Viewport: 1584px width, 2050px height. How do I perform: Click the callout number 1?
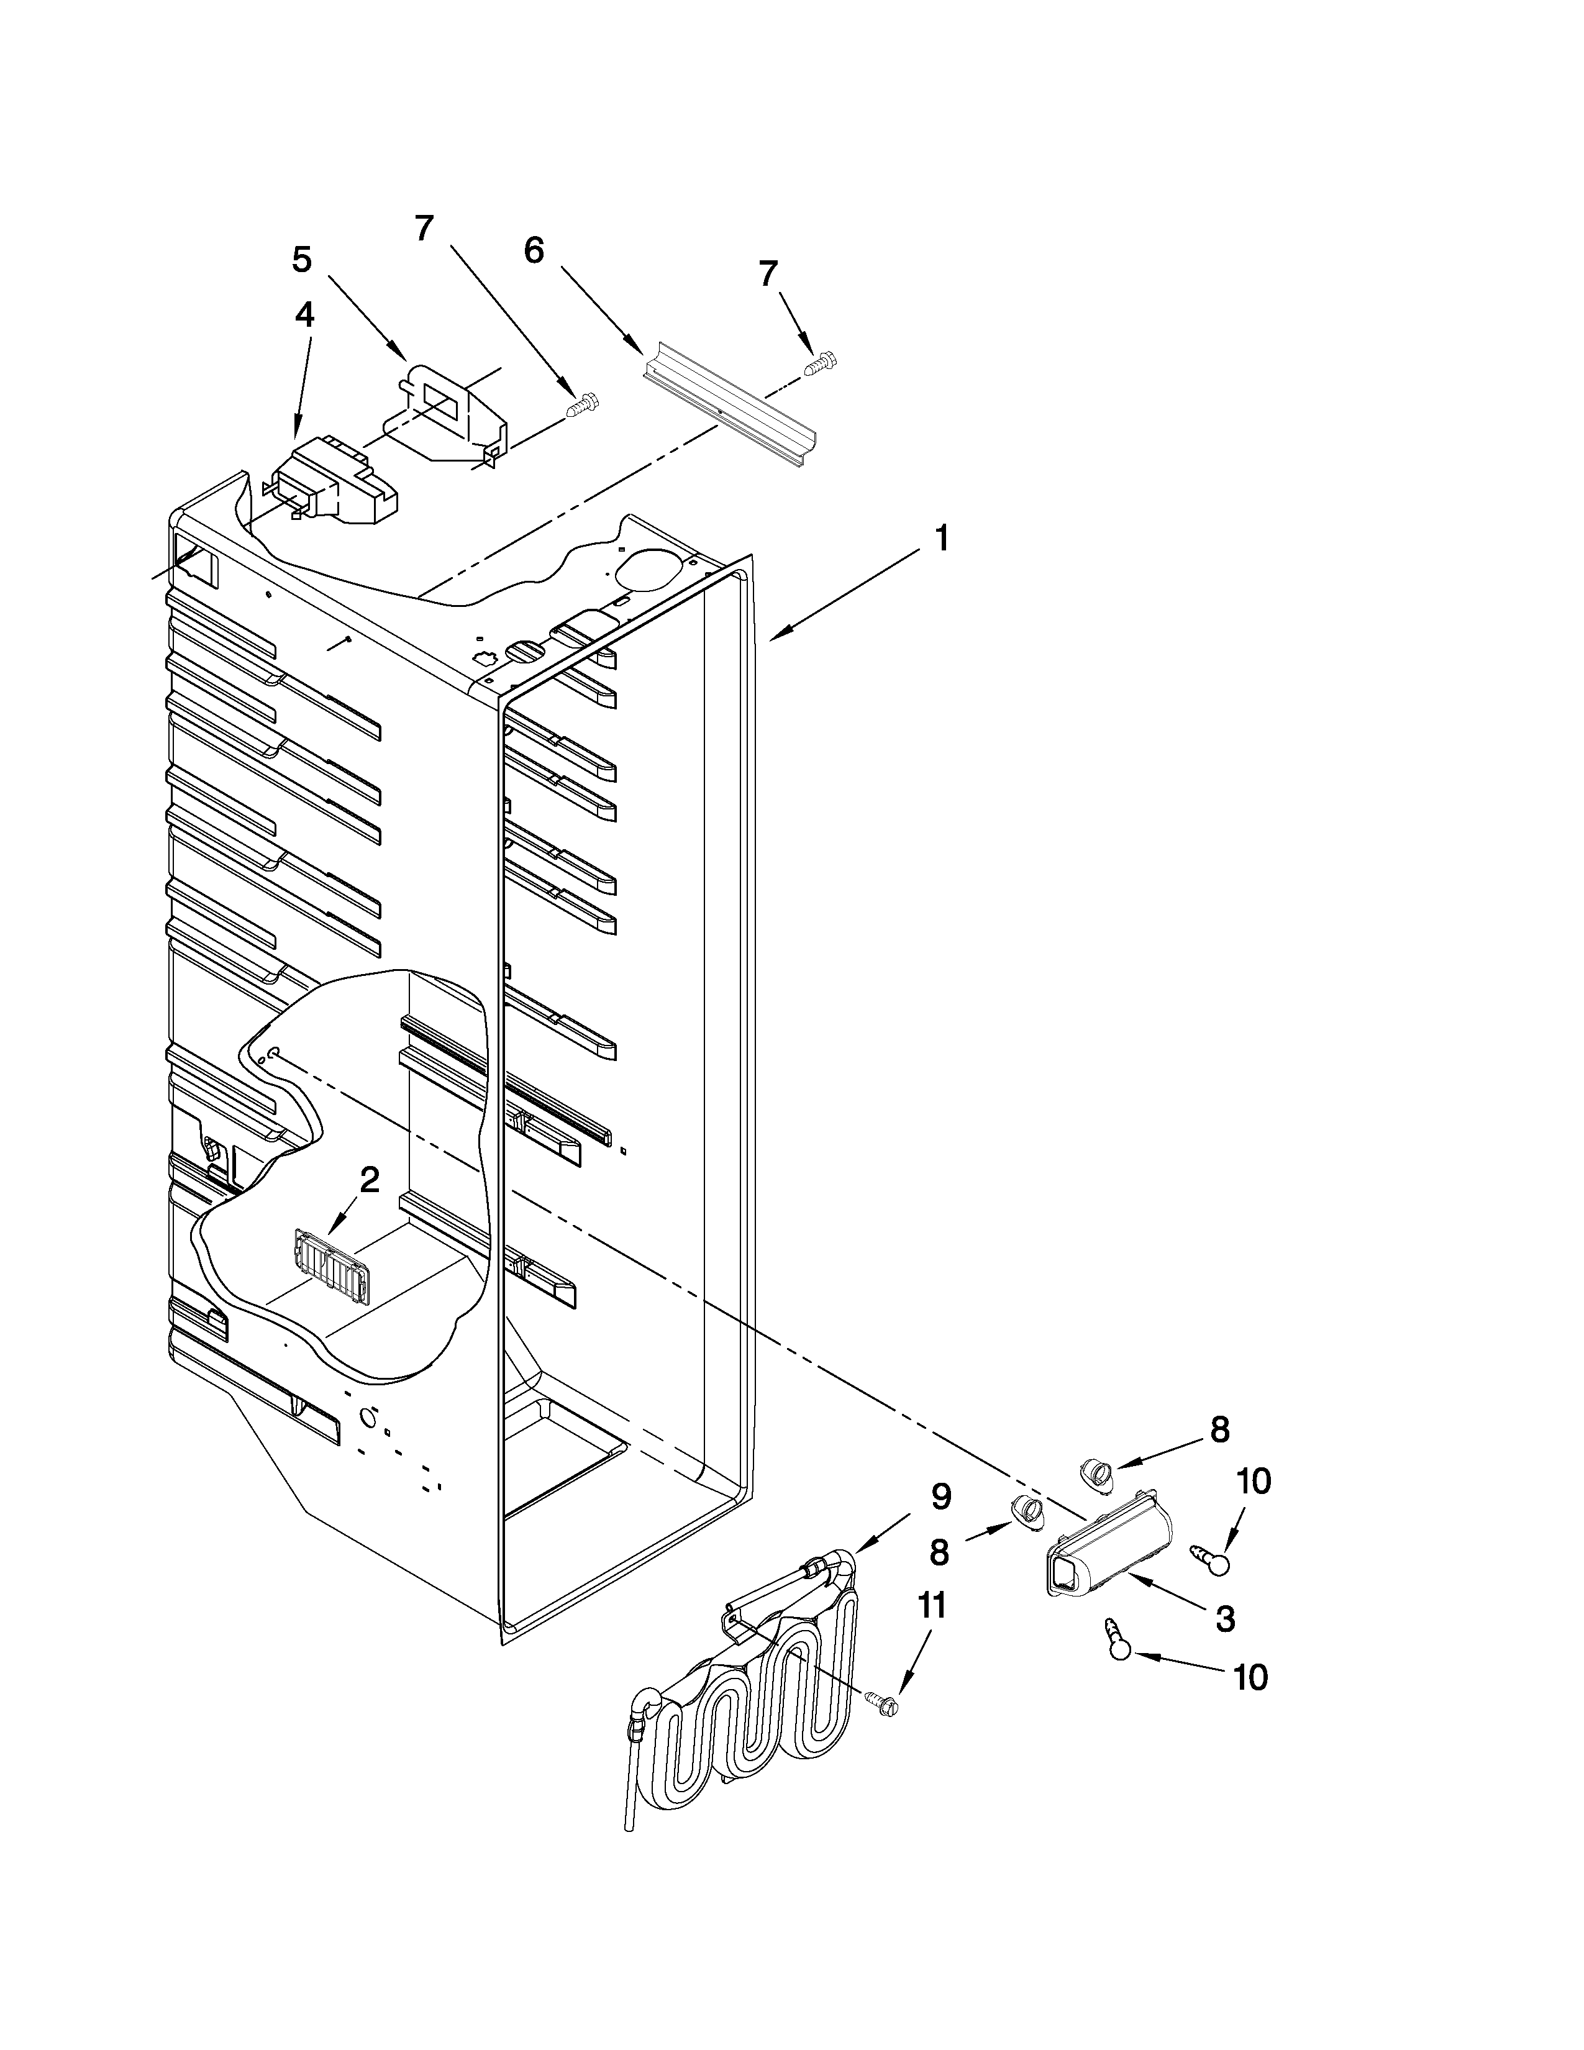click(941, 540)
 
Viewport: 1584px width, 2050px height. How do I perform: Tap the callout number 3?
click(1224, 1619)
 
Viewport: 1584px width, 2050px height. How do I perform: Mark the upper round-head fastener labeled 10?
click(1213, 1558)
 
